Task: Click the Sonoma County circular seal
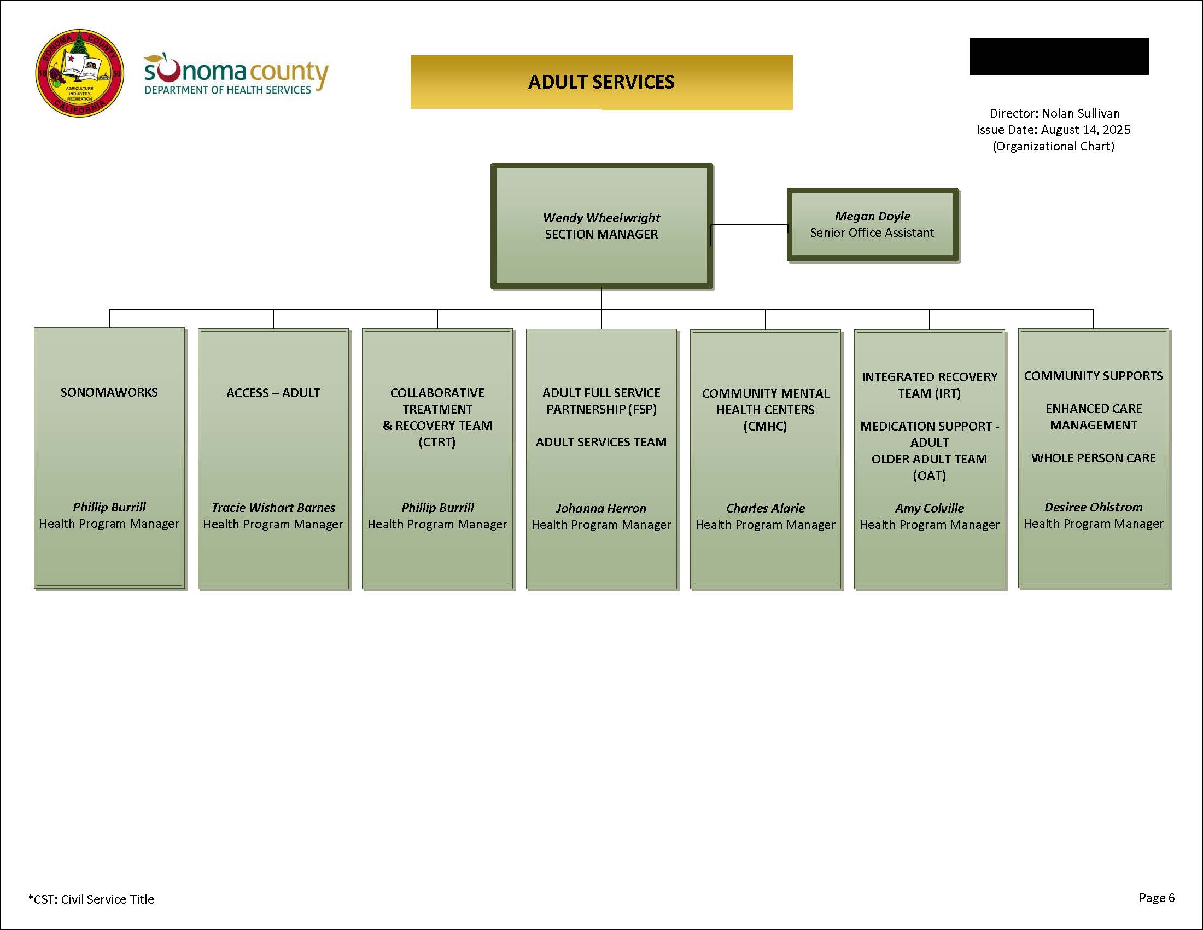coord(79,73)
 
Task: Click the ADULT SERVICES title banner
coord(601,82)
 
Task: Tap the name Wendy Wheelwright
coord(601,218)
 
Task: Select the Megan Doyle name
coord(872,216)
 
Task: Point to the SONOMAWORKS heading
coord(109,392)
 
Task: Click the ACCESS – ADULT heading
coord(273,393)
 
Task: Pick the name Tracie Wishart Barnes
coord(273,508)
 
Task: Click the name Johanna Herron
coord(601,508)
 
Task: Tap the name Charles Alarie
coord(765,508)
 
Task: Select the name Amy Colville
coord(929,508)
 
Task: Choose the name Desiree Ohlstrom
coord(1094,507)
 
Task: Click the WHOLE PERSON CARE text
coord(1094,458)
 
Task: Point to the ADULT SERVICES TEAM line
coord(601,442)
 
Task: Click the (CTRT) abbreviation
coord(437,442)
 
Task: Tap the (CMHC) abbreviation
coord(765,426)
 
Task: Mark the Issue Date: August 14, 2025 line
coord(1053,130)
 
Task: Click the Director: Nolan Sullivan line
coord(1054,113)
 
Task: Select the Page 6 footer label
coord(1157,898)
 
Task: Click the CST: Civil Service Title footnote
coord(91,899)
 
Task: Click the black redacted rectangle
coord(1059,56)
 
